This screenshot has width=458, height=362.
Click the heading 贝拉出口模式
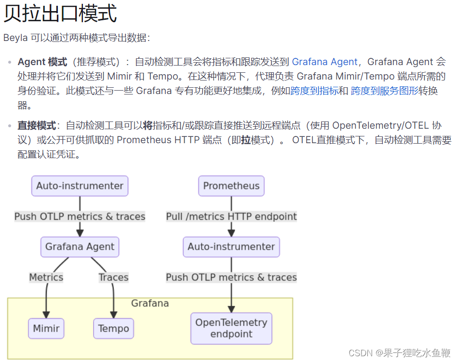(x=60, y=13)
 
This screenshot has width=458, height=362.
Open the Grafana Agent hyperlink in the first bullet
(x=324, y=62)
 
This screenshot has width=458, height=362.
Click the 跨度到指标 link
(x=314, y=91)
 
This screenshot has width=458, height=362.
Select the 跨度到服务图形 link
(x=385, y=91)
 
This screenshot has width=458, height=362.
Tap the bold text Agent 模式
(x=42, y=62)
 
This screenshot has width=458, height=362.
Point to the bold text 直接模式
(x=37, y=126)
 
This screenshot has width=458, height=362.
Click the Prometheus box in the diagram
(x=231, y=186)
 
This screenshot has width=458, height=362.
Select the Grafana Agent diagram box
(x=80, y=247)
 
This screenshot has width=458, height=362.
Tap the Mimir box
(x=46, y=329)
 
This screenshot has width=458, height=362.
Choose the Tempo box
(x=113, y=329)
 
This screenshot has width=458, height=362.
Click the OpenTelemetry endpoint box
(x=231, y=328)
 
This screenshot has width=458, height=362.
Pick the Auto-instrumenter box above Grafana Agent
(x=80, y=186)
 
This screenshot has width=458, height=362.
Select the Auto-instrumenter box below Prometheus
(x=231, y=247)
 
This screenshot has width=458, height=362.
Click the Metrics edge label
(x=46, y=277)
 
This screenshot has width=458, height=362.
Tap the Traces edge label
(x=113, y=277)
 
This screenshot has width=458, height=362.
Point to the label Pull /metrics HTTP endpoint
(x=231, y=216)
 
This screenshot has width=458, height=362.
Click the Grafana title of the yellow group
(x=150, y=303)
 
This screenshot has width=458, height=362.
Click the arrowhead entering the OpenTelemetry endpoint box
(x=231, y=309)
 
